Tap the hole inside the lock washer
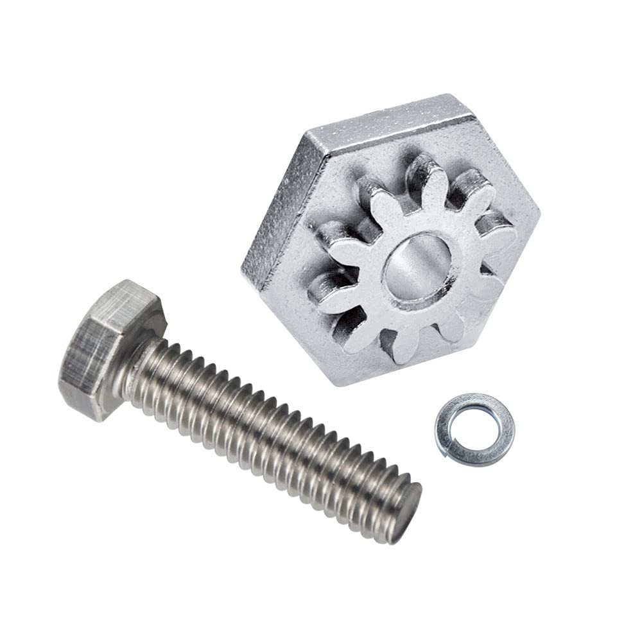coord(474,428)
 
